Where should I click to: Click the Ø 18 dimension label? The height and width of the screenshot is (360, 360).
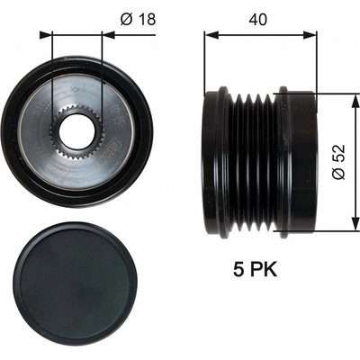click(139, 20)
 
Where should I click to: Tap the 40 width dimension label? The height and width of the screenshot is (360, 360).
click(258, 20)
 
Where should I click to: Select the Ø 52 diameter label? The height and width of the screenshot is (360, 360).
click(339, 162)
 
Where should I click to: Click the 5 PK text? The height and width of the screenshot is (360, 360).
click(256, 269)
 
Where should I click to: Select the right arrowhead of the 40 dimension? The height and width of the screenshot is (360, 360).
click(310, 34)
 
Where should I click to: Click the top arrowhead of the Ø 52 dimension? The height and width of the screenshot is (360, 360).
click(355, 101)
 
